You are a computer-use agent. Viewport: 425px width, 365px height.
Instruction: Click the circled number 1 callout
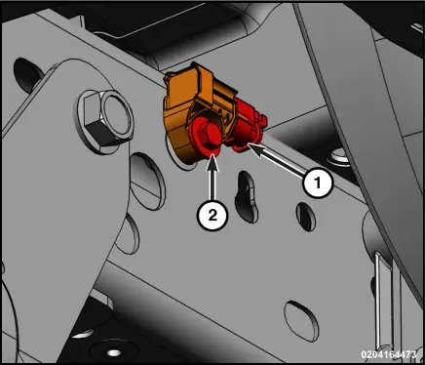point(318,182)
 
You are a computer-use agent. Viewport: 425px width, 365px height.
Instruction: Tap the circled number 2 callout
point(212,215)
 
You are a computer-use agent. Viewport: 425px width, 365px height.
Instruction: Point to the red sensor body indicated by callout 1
point(248,127)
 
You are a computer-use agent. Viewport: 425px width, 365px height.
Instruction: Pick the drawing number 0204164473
point(389,354)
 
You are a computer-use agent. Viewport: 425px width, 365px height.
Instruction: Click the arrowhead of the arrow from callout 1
point(256,150)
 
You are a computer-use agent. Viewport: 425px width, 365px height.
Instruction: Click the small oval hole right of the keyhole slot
point(306,217)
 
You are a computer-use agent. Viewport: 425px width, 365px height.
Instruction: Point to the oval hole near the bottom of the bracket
point(301,321)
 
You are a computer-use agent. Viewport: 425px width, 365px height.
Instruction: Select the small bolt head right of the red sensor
point(339,158)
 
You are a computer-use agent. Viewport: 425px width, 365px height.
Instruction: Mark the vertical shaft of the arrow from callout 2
point(212,185)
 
